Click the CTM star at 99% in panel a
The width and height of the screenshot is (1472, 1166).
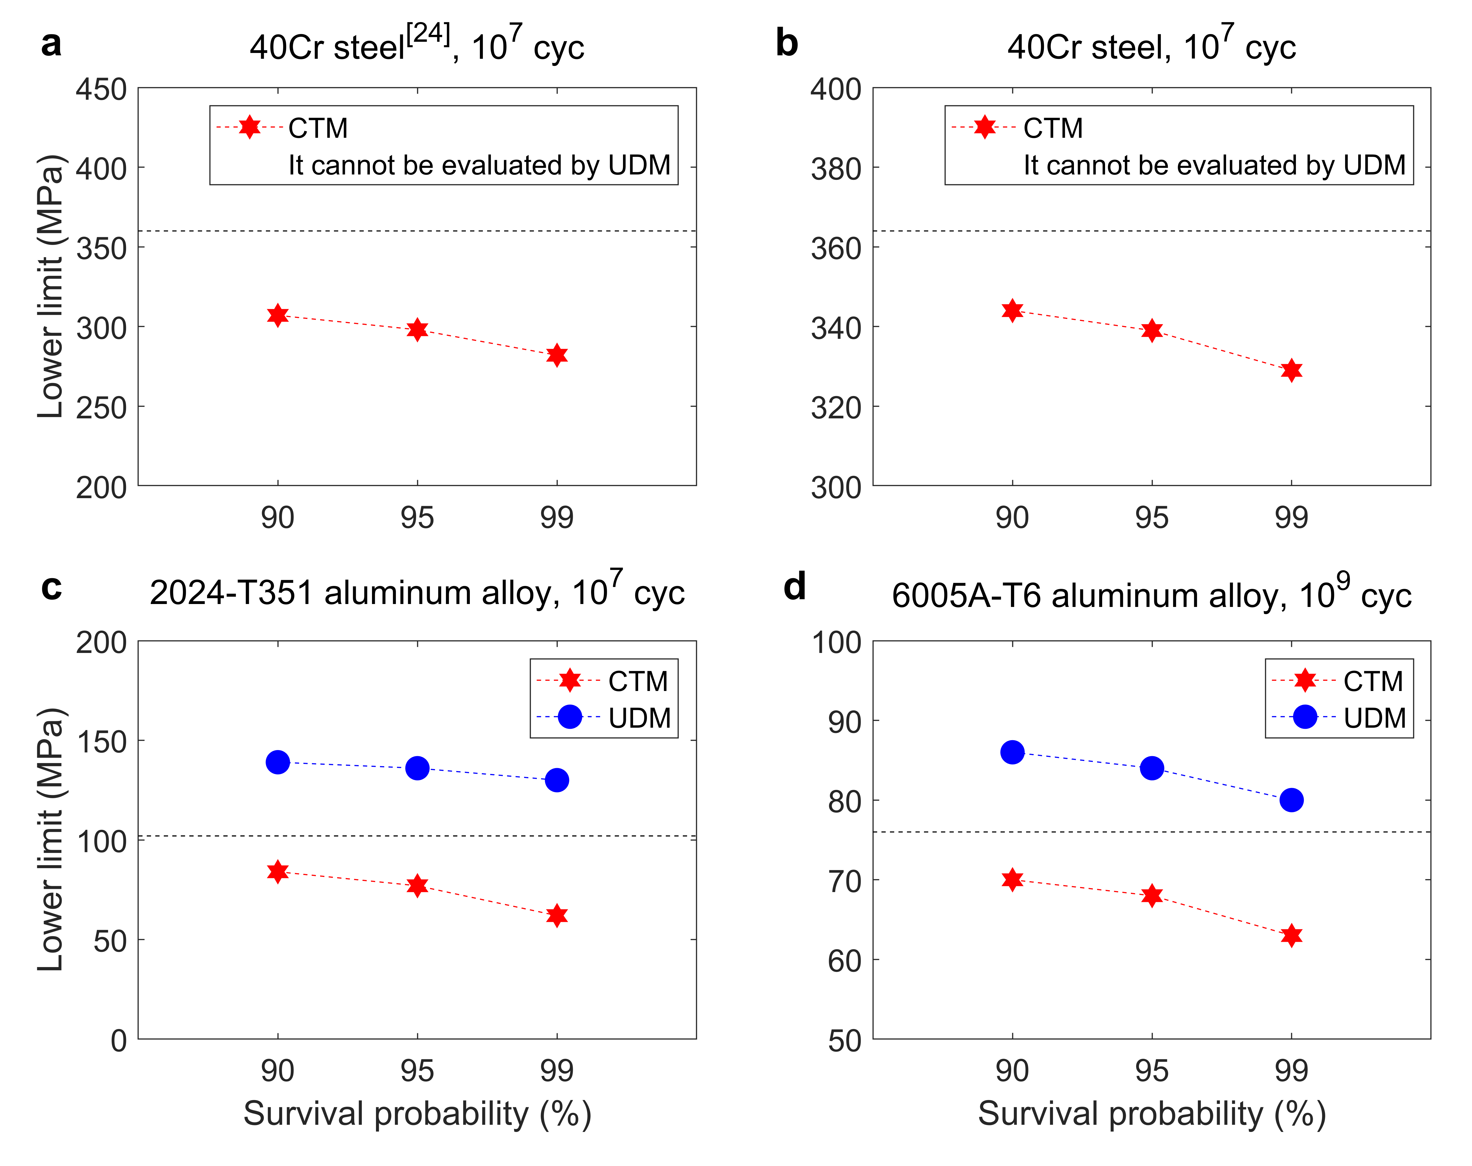point(557,355)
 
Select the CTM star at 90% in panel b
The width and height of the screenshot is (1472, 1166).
point(1012,311)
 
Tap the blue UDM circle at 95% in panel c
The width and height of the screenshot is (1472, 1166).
point(417,768)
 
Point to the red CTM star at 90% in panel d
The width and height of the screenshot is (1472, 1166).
point(1012,879)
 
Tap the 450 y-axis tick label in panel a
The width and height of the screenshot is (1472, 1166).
point(101,89)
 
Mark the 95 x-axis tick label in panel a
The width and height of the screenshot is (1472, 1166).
point(417,518)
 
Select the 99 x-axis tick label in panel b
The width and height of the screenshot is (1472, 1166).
point(1291,518)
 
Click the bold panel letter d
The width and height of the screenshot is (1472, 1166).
point(794,586)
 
